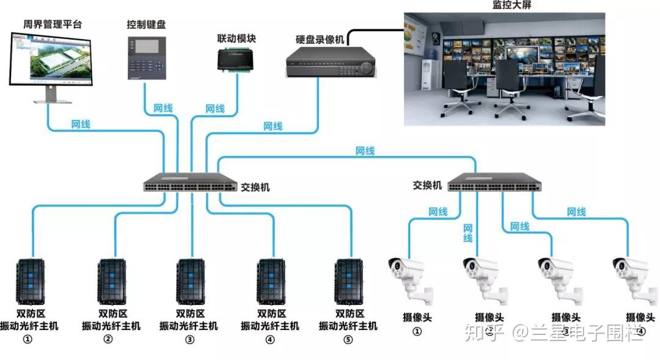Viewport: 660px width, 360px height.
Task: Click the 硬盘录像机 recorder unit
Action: (x=331, y=62)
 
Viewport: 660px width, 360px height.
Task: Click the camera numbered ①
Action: (x=411, y=279)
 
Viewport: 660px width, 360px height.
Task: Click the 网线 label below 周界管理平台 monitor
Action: (x=81, y=124)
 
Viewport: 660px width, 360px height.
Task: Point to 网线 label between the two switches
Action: (x=365, y=150)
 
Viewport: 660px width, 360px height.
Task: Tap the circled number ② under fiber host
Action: (x=108, y=339)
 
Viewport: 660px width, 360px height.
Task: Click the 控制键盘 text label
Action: (x=146, y=24)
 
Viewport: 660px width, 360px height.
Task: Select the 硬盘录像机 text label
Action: (x=320, y=39)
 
